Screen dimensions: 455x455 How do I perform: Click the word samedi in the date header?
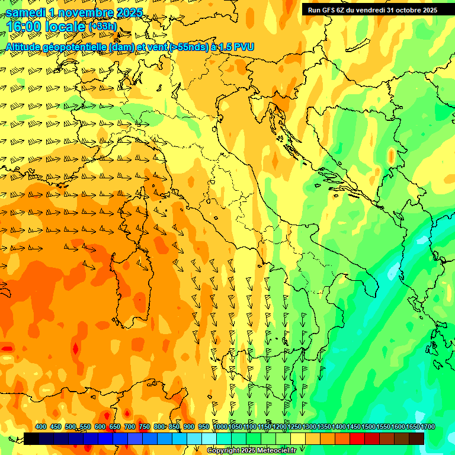point(25,12)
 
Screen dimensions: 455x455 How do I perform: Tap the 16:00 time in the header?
point(23,27)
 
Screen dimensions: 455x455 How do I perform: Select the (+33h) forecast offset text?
point(102,27)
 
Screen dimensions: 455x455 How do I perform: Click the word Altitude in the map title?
point(27,46)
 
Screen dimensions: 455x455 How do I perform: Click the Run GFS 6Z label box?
point(372,10)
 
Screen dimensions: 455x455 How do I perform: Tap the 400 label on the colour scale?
point(41,427)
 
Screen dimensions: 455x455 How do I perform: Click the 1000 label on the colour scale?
point(220,427)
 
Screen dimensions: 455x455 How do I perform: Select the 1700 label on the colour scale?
point(412,427)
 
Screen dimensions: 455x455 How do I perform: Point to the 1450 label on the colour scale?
point(354,427)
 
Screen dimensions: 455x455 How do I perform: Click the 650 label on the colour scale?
point(115,427)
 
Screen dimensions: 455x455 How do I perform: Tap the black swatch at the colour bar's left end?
point(31,438)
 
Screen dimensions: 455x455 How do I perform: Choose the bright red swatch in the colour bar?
point(357,438)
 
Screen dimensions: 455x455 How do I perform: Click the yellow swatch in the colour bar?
point(298,438)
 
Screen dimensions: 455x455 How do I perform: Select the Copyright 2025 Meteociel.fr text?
point(251,451)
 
